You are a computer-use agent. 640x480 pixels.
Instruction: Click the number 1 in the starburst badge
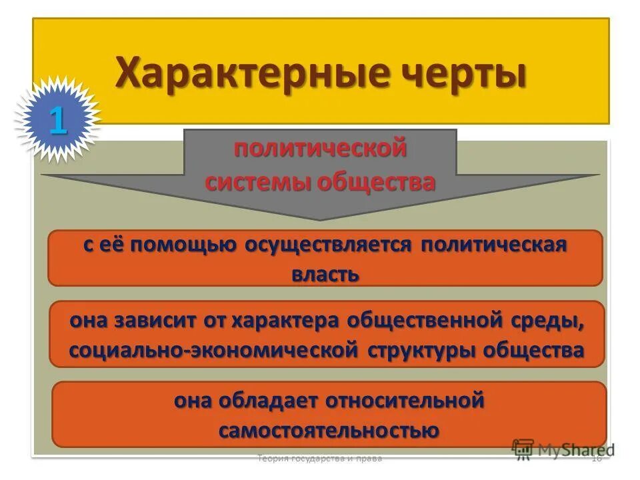click(x=57, y=120)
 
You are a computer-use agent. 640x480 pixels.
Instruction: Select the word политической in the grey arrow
click(x=320, y=148)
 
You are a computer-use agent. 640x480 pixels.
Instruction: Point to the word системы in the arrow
click(x=253, y=181)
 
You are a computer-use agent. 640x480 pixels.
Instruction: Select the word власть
click(x=325, y=274)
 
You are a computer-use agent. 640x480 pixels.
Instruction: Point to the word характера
click(x=287, y=320)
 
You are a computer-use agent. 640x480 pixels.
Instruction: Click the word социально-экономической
click(x=214, y=350)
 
